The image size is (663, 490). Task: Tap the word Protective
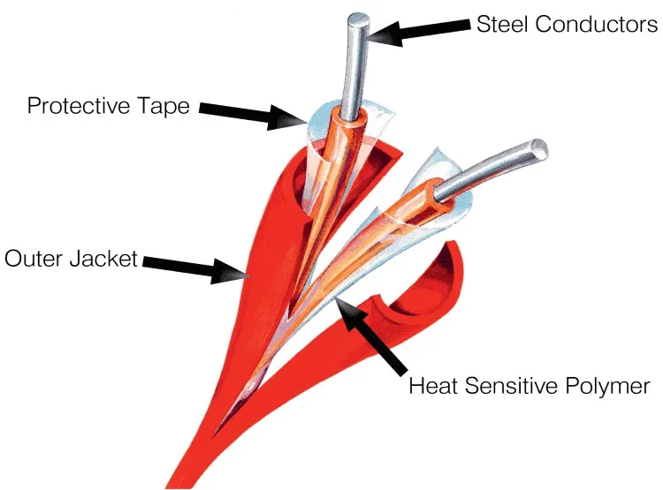(x=78, y=105)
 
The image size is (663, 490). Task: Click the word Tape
(x=164, y=106)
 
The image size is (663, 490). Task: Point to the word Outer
(x=34, y=258)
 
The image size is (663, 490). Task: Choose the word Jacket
(x=104, y=258)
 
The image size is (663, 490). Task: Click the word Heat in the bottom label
(x=432, y=385)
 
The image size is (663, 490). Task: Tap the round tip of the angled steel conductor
(x=539, y=151)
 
